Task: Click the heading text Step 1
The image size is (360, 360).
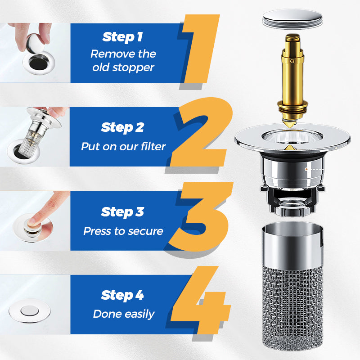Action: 123,36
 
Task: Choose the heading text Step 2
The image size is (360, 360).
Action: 122,127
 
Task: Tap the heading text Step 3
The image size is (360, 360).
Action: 122,211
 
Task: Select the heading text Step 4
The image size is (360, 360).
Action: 122,295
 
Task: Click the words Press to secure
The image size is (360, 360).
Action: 123,231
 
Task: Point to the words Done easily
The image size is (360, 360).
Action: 123,314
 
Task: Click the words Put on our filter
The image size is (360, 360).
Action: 123,147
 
